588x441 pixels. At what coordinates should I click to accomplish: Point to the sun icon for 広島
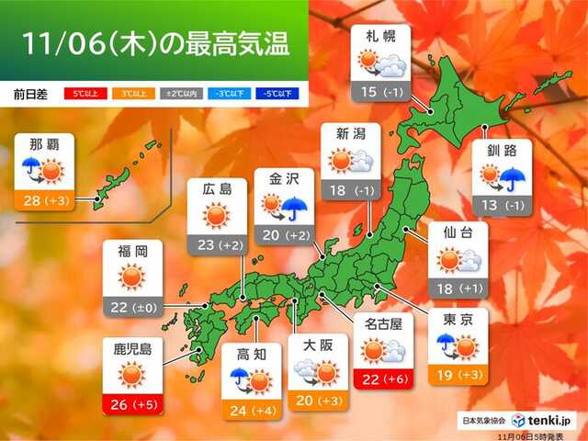pos(217,216)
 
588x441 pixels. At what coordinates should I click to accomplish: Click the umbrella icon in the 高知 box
pos(238,377)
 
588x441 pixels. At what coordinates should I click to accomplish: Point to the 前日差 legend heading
pos(30,94)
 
